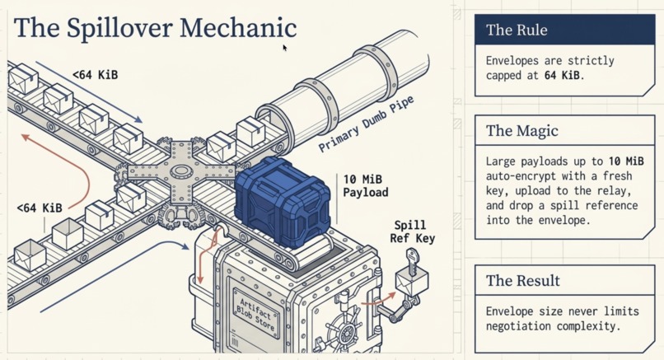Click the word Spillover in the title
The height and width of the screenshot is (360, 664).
(119, 29)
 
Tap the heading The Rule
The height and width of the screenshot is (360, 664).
(517, 30)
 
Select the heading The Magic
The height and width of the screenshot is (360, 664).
(521, 130)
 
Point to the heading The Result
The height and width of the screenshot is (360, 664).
(522, 280)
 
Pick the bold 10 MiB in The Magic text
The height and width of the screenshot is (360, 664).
(626, 161)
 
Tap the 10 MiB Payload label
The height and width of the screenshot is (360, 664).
(366, 186)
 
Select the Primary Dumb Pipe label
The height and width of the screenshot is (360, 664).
(366, 124)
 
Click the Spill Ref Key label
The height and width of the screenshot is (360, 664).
(412, 231)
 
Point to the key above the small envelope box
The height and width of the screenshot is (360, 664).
(412, 261)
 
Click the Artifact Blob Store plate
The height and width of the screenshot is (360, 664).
(256, 314)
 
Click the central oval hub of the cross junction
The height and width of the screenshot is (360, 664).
(182, 172)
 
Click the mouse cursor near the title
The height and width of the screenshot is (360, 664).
(285, 48)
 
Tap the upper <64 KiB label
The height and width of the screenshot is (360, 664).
(96, 75)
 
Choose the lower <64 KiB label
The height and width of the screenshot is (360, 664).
(40, 208)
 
